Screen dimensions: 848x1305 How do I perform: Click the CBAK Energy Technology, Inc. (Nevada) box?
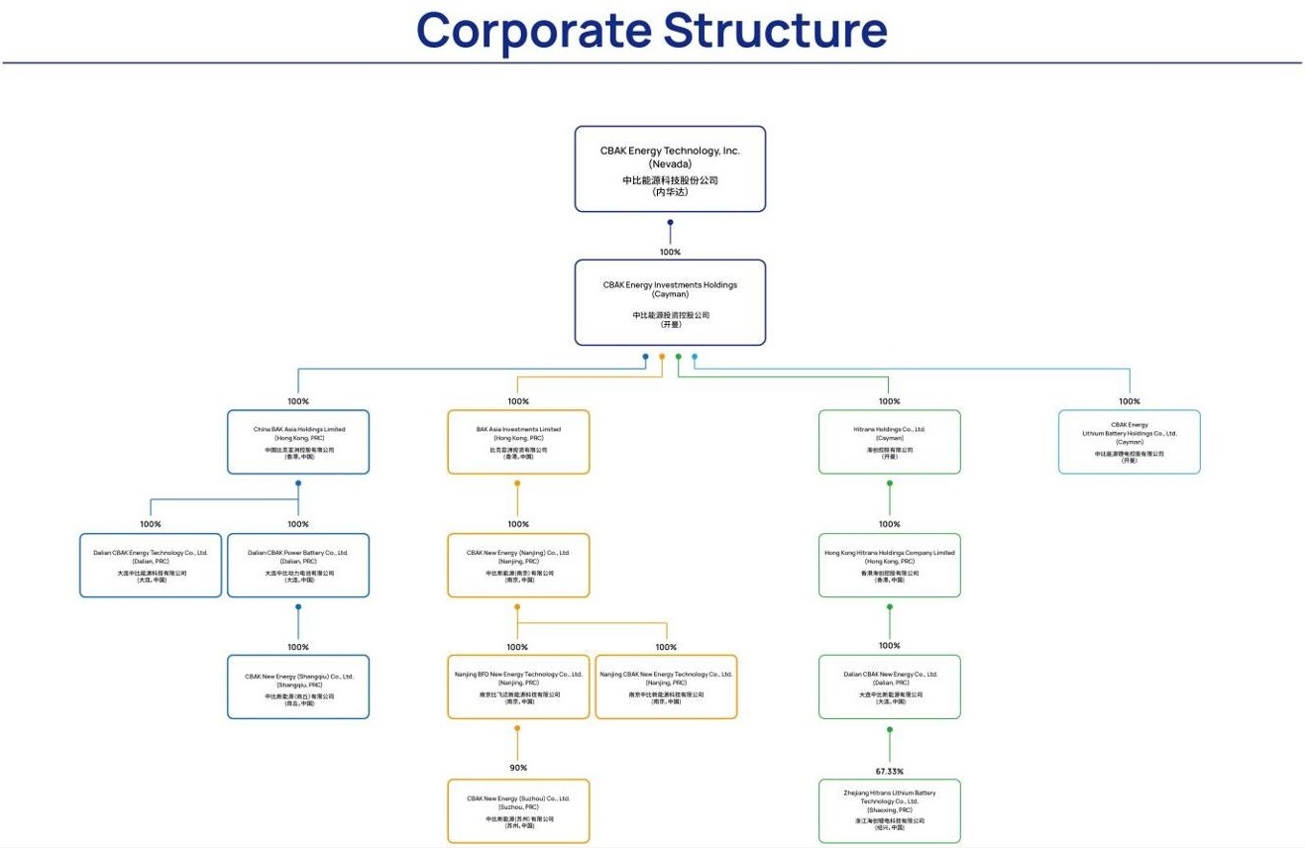coord(670,168)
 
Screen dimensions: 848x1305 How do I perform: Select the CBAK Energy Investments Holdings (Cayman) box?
coord(670,302)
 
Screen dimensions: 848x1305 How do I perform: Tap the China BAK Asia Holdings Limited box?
coord(298,442)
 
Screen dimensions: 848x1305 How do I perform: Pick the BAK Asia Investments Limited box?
coord(518,442)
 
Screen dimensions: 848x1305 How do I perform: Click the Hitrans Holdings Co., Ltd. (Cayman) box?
coord(889,442)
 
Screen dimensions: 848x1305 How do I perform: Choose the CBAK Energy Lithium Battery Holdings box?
coord(1129,442)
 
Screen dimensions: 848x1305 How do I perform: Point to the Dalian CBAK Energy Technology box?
coord(151,566)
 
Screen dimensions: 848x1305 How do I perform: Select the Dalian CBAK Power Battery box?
coord(298,566)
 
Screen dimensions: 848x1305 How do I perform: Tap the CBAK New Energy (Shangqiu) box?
coord(298,687)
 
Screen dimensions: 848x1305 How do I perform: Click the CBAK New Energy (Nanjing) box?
coord(518,566)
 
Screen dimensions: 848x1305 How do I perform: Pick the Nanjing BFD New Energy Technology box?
coord(518,687)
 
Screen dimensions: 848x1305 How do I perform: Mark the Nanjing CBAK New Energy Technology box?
coord(666,687)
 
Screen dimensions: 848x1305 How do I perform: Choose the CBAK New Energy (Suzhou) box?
coord(518,810)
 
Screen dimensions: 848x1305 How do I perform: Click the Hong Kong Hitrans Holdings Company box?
coord(889,566)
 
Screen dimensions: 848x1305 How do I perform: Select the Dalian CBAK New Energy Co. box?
coord(889,687)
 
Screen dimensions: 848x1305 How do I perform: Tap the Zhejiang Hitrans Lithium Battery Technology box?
coord(889,810)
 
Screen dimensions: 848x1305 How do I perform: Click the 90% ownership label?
coord(518,768)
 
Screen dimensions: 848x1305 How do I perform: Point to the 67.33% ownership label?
coord(889,771)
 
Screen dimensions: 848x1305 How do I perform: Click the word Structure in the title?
coord(775,31)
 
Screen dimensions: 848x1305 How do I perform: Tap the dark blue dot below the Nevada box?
coord(670,223)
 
